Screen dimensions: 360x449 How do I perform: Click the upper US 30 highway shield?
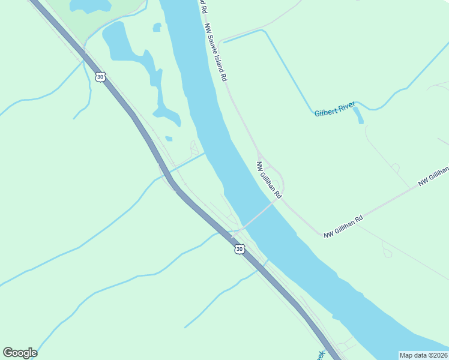[101, 76]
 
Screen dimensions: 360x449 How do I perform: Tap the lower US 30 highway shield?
[240, 248]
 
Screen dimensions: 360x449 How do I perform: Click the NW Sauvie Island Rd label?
[215, 53]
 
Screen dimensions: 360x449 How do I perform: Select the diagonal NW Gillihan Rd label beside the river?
[269, 179]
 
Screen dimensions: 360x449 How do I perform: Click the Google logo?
[20, 353]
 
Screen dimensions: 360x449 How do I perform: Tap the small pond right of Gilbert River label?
[358, 115]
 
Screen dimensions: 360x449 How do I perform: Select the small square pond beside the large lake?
[157, 27]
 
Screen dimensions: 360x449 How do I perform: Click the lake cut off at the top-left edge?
[90, 6]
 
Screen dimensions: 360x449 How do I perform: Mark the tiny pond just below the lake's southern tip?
[169, 139]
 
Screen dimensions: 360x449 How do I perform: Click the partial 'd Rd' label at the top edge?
[203, 7]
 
